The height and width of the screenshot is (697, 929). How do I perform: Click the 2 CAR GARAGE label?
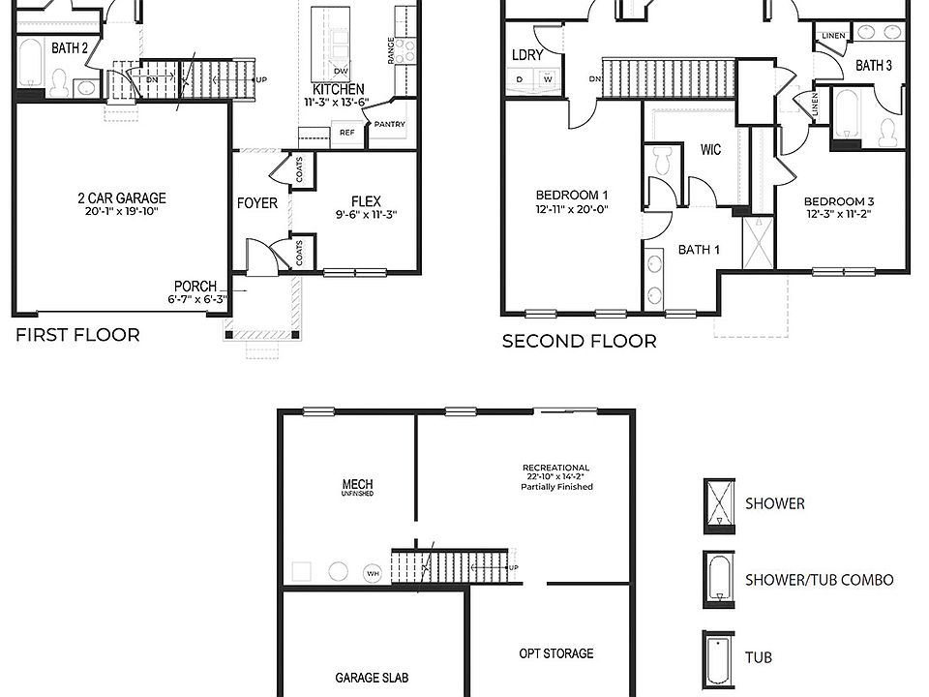point(122,198)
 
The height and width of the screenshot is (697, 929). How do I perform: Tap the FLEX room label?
point(367,202)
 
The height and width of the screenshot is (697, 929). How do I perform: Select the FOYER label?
point(257,203)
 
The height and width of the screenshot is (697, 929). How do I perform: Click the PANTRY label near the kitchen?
point(389,124)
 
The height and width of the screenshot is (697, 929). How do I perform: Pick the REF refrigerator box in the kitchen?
point(345,133)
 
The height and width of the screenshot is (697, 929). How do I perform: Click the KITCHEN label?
point(338,89)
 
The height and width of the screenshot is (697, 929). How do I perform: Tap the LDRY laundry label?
point(527,55)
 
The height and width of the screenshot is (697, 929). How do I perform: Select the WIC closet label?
point(711,150)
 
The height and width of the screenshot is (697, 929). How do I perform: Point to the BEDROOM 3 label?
point(839,202)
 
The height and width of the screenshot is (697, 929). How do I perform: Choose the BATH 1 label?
point(699,250)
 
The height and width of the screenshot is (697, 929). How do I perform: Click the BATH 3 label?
point(873,66)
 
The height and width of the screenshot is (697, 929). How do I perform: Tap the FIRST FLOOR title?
point(76,336)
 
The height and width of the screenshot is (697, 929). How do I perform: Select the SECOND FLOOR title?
point(579,341)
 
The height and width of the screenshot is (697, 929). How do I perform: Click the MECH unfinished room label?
point(357,485)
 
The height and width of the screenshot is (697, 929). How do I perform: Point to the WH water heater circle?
point(372,574)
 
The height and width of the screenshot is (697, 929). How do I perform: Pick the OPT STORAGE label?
point(555,653)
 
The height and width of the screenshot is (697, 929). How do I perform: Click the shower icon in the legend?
point(718,504)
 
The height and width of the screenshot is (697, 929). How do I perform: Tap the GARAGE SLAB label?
point(372,678)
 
